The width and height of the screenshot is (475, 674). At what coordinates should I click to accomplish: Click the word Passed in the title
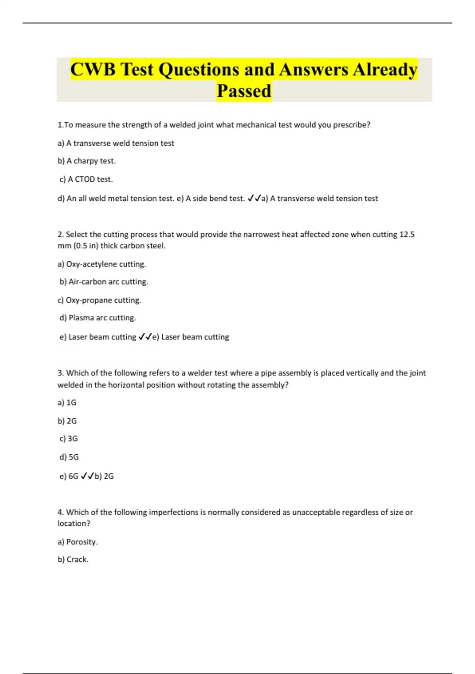(x=244, y=91)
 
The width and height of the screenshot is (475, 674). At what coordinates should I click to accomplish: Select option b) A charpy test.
(x=87, y=161)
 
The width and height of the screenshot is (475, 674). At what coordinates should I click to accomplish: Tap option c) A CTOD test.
(x=86, y=179)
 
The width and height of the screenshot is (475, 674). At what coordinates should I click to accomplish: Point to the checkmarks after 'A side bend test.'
(x=254, y=198)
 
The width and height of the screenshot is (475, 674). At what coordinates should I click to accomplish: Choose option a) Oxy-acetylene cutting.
(x=102, y=264)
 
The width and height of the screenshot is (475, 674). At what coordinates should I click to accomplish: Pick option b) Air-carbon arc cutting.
(x=104, y=282)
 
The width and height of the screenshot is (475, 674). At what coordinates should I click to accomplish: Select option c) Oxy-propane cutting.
(x=99, y=300)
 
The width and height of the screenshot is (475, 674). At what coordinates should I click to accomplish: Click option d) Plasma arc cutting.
(x=98, y=318)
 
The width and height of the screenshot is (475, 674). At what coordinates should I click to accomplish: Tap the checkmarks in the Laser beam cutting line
(x=145, y=337)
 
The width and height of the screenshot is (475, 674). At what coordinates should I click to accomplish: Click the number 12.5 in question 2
(x=407, y=234)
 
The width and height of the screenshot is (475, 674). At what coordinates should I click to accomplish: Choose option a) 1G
(x=67, y=403)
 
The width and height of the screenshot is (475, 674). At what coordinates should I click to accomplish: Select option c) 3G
(x=68, y=439)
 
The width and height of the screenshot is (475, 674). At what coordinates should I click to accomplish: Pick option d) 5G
(x=69, y=457)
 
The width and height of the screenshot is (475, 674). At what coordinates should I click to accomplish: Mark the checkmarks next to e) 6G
(x=87, y=476)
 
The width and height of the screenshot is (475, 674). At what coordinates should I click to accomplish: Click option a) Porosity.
(x=78, y=542)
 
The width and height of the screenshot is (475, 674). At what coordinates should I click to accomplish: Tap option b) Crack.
(x=73, y=560)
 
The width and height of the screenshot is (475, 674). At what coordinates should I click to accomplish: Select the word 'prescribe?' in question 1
(x=351, y=125)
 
